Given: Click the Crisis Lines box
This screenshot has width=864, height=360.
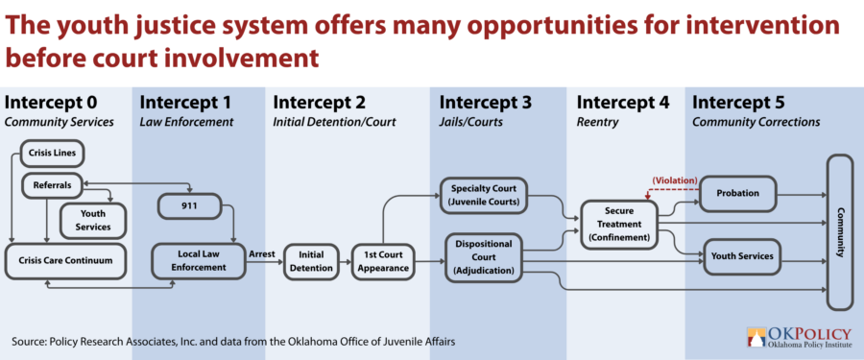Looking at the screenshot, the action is (53, 154).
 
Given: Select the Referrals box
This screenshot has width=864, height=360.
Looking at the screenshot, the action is (53, 186).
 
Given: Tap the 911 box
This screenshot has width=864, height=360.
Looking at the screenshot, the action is (189, 206).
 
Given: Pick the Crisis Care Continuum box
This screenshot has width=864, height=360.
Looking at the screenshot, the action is (65, 260).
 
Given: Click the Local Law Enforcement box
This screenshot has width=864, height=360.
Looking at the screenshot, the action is (199, 261).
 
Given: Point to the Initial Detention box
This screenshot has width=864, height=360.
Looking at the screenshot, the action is (311, 261).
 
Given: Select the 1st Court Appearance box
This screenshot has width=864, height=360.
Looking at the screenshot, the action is (383, 261).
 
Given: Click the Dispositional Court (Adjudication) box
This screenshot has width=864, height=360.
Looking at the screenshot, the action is (483, 257).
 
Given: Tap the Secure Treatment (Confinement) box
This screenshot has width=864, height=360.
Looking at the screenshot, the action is (619, 225).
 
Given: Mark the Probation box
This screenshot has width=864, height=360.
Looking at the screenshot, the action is (738, 194).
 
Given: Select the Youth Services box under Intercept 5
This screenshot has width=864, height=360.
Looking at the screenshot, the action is (742, 256).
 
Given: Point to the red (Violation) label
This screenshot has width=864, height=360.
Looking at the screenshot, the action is (675, 180).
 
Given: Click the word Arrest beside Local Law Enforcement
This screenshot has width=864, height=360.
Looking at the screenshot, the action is (263, 254).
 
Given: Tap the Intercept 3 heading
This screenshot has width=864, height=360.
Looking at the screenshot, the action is (485, 103).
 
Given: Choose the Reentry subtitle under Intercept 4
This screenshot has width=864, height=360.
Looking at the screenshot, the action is (597, 122).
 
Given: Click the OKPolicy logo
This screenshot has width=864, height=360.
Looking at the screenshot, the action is (799, 337).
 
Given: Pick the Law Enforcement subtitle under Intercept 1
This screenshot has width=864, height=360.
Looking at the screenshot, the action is (186, 122).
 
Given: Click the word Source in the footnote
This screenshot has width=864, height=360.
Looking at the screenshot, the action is (28, 342).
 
